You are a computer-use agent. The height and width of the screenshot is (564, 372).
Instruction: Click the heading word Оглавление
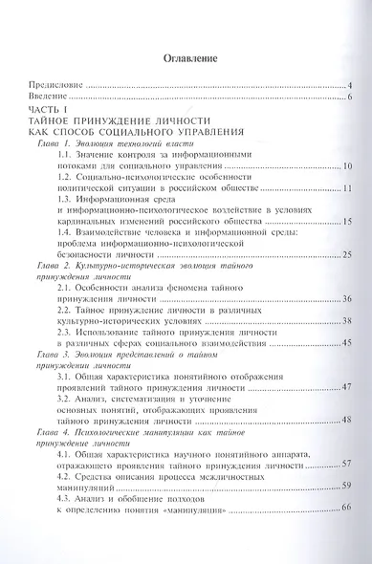coord(185,58)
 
